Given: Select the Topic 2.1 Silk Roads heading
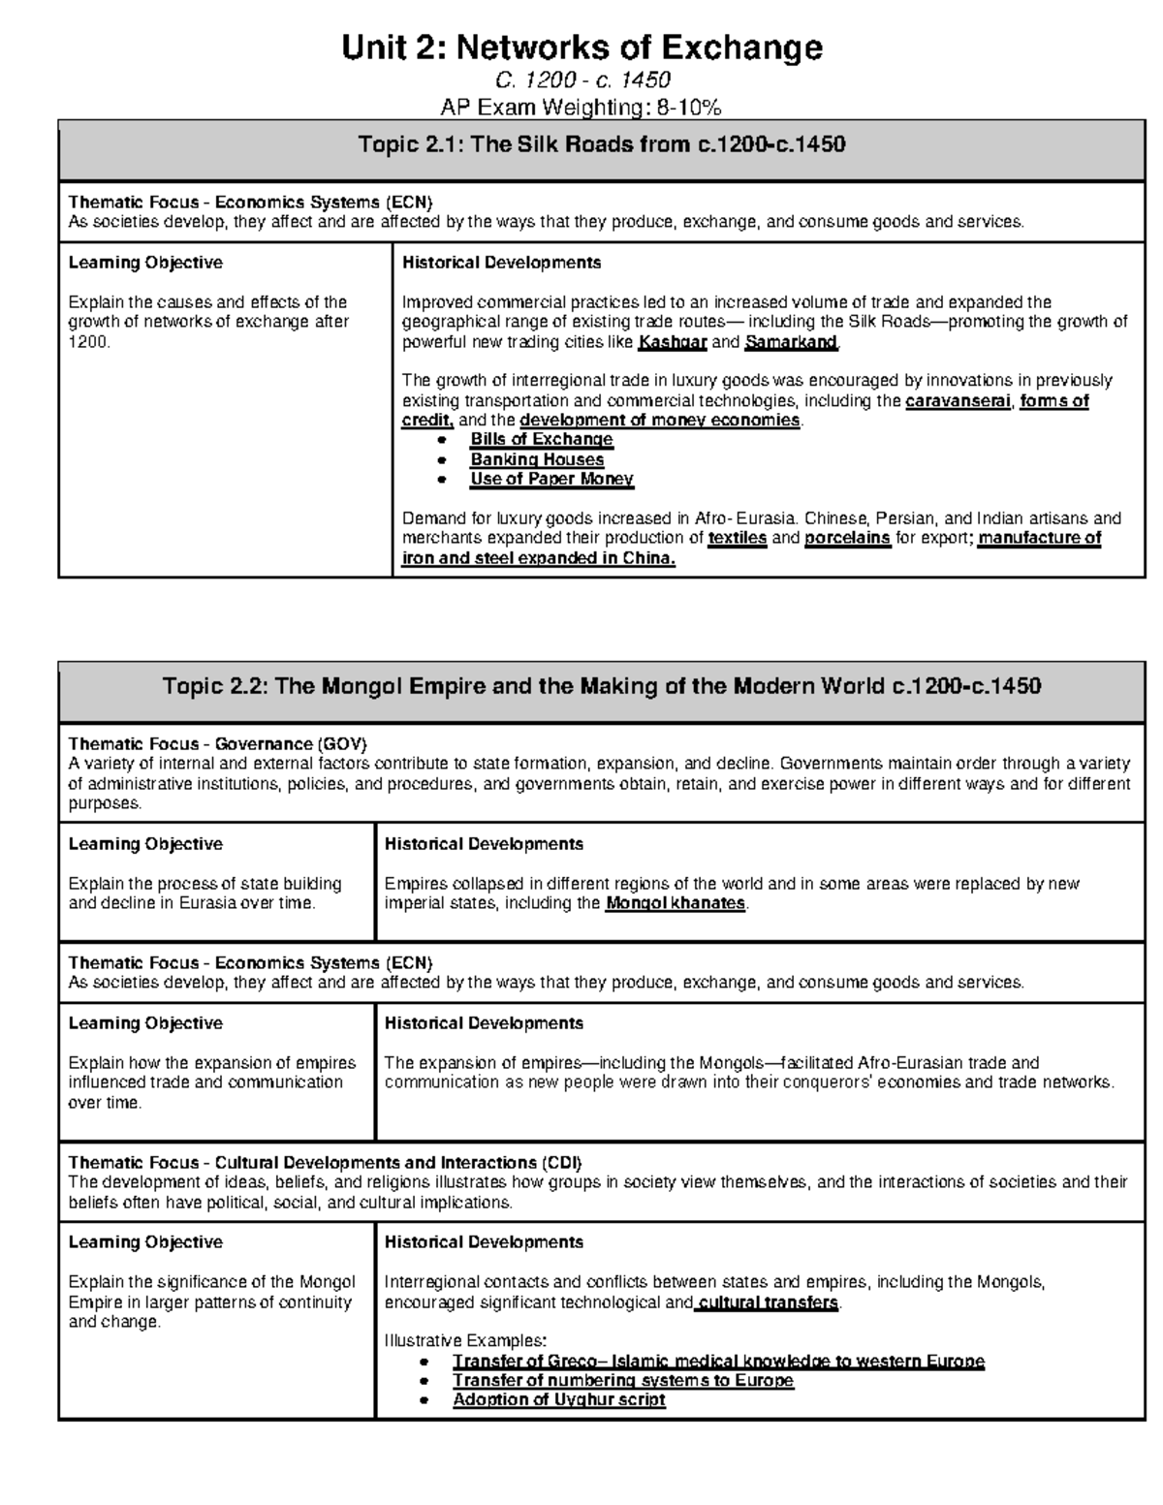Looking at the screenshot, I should (x=601, y=145).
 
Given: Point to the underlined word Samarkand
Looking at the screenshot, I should (x=790, y=342).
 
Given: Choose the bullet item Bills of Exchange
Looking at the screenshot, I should (x=541, y=439).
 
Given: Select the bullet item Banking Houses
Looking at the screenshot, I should (x=537, y=459).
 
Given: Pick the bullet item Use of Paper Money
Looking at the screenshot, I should (x=551, y=479).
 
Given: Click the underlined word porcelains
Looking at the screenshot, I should (x=847, y=538).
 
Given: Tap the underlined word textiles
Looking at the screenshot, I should (x=738, y=538).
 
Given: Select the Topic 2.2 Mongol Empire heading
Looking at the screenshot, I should (x=601, y=687).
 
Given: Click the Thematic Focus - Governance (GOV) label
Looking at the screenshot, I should (x=217, y=744).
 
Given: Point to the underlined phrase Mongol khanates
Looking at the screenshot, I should (x=676, y=903).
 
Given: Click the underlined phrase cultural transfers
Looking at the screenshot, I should (x=768, y=1302).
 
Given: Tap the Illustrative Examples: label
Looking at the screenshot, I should (x=465, y=1341).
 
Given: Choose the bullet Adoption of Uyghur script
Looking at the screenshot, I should (x=559, y=1399).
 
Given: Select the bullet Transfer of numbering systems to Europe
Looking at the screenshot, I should (x=623, y=1380).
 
